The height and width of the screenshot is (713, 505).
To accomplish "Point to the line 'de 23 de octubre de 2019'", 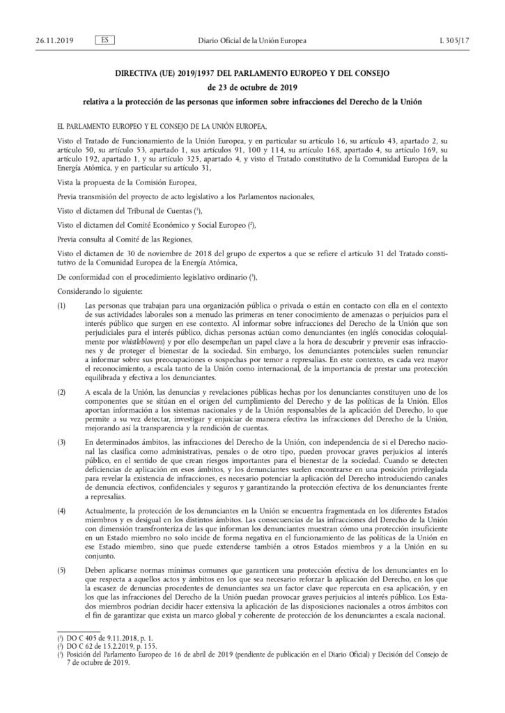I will pyautogui.click(x=252, y=88).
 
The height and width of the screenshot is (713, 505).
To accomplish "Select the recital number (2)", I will pyautogui.click(x=61, y=393).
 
